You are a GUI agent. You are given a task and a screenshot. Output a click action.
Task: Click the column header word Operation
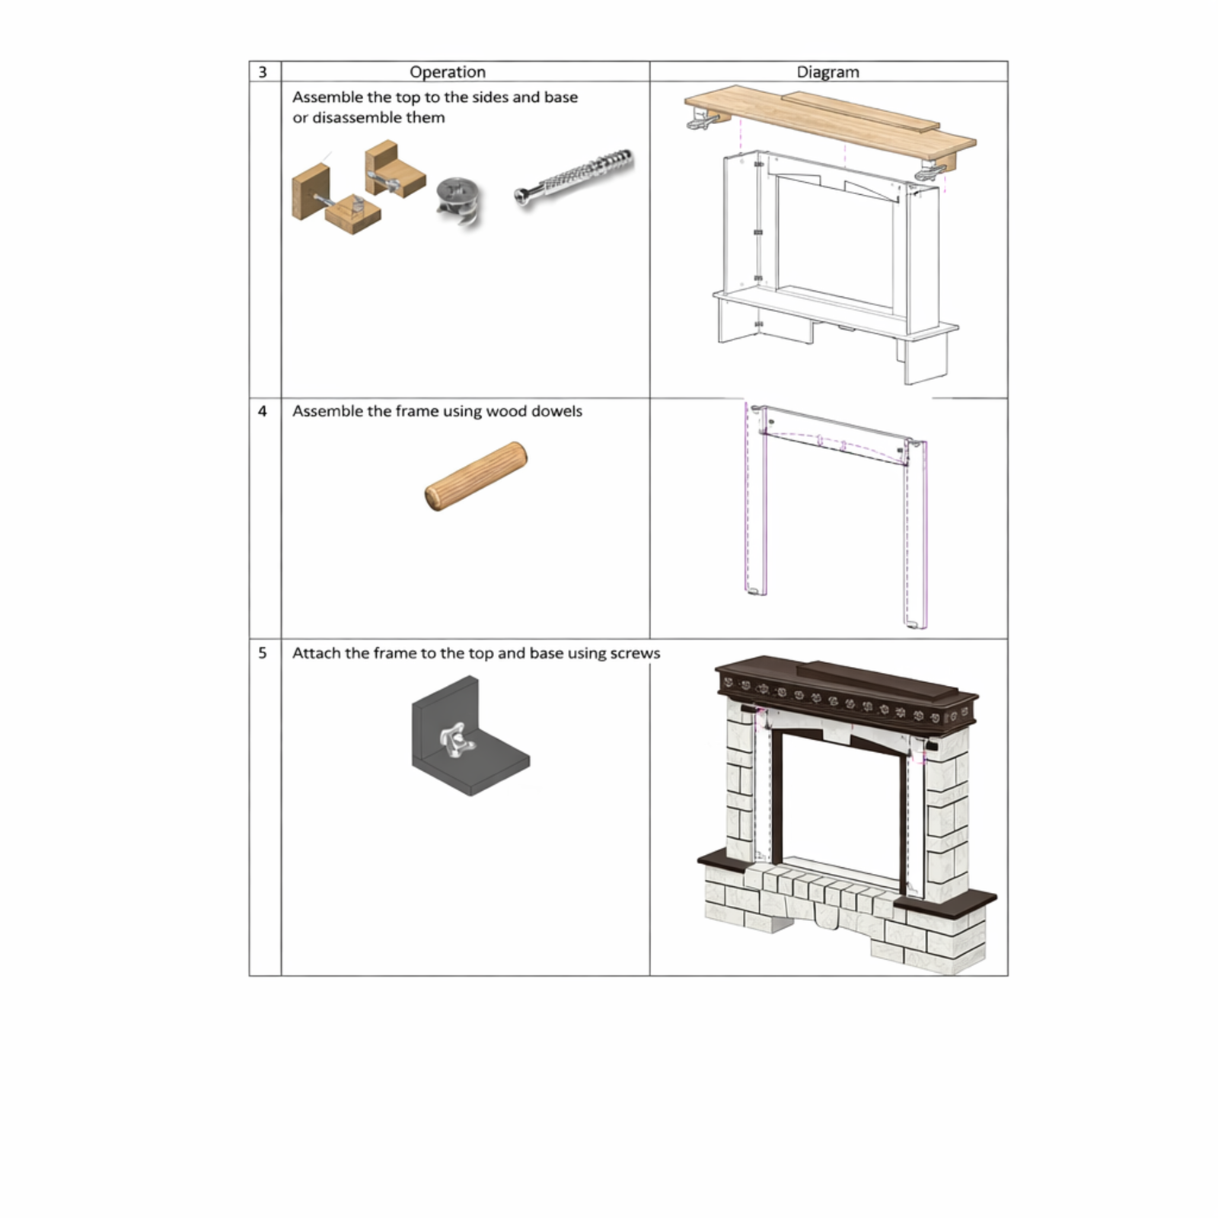[448, 72]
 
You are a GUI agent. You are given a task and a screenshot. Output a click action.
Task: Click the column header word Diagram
[827, 72]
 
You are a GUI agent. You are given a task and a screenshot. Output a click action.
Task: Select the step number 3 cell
[263, 72]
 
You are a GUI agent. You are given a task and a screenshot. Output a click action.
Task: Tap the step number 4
[263, 411]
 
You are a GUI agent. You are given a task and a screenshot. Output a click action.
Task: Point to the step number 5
[263, 653]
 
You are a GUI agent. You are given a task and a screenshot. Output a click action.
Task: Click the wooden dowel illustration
[476, 476]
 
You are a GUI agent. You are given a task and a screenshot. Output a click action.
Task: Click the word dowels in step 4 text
[556, 411]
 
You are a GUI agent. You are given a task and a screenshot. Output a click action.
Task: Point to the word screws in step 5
[635, 653]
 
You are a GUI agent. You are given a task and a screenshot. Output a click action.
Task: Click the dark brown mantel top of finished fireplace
[845, 689]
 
